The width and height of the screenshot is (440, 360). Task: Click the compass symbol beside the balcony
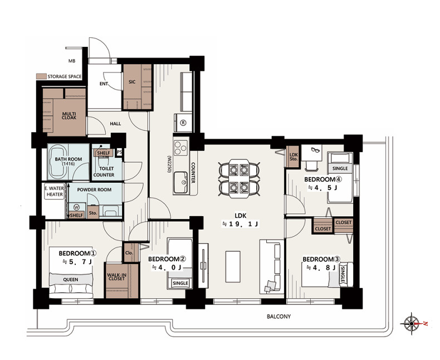click(411, 323)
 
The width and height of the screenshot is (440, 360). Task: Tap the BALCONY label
click(278, 317)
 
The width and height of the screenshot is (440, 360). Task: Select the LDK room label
click(241, 216)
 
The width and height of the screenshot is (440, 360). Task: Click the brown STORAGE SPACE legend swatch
click(41, 76)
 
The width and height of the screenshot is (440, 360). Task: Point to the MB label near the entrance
click(72, 61)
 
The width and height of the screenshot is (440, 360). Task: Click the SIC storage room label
click(132, 82)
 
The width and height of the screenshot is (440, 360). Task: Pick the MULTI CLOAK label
click(69, 116)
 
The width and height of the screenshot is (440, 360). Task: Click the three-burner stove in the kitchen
click(180, 148)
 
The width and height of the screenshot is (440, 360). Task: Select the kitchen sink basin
click(180, 183)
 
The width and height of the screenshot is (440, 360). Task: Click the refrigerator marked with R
click(183, 123)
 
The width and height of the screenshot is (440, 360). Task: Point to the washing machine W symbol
click(76, 207)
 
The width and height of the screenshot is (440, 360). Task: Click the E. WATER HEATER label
click(55, 191)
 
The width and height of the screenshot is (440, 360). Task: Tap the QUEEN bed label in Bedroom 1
click(70, 280)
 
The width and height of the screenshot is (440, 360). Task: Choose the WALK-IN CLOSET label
click(116, 277)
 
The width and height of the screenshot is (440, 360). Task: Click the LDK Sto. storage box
click(293, 157)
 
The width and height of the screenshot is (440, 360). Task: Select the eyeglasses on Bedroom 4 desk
click(315, 150)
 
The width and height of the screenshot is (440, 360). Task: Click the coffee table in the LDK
click(233, 267)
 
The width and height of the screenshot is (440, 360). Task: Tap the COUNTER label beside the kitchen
click(193, 173)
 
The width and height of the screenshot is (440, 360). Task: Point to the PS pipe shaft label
click(119, 152)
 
